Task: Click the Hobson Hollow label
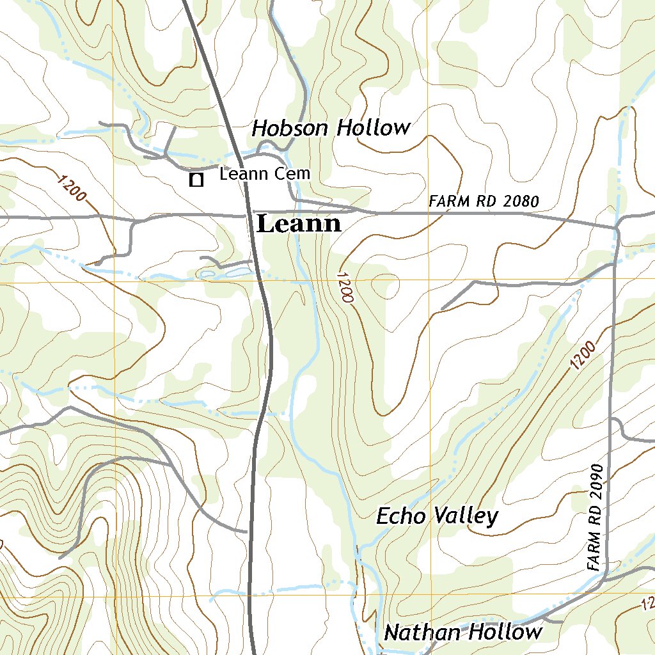[x=330, y=128]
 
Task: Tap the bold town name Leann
[x=299, y=225]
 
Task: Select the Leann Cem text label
[x=264, y=173]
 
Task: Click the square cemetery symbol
[x=196, y=180]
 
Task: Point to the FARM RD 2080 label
[x=484, y=201]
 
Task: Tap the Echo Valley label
[x=436, y=516]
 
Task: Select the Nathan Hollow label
[x=462, y=633]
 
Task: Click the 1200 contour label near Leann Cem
[x=71, y=189]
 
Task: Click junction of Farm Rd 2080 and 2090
[x=616, y=226]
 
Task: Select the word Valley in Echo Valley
[x=465, y=516]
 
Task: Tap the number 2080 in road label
[x=521, y=201]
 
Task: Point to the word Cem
[x=296, y=173]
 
